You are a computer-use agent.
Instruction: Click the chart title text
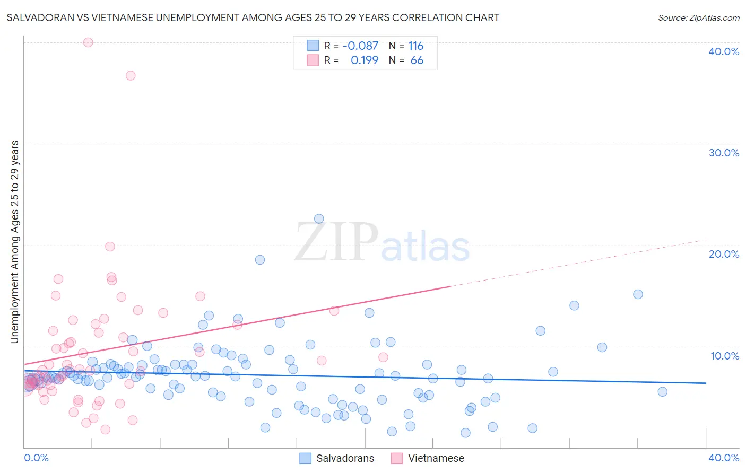click(x=253, y=17)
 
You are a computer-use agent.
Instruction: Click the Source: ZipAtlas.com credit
click(x=698, y=17)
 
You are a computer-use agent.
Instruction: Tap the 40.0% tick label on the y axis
click(x=724, y=51)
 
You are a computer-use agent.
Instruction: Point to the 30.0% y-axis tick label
click(x=724, y=153)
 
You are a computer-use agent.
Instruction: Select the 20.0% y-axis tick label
click(x=724, y=254)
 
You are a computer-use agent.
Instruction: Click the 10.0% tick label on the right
click(x=725, y=356)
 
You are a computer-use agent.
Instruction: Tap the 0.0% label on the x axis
click(x=36, y=458)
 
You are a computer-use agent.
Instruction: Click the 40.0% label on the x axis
click(x=724, y=458)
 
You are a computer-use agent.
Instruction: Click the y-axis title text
click(x=14, y=242)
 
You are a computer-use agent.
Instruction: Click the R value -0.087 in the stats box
click(x=360, y=46)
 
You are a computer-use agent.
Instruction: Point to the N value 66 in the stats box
click(x=417, y=60)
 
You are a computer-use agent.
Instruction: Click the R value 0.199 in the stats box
click(x=365, y=60)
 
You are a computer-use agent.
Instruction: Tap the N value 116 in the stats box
click(x=415, y=46)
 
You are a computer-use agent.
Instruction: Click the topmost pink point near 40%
click(x=88, y=42)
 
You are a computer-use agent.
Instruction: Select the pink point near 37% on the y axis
click(x=131, y=75)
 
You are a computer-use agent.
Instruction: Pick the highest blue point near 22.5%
click(x=319, y=218)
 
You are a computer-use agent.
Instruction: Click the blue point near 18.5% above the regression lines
click(x=260, y=260)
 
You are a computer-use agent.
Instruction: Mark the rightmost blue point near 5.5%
click(x=662, y=392)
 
